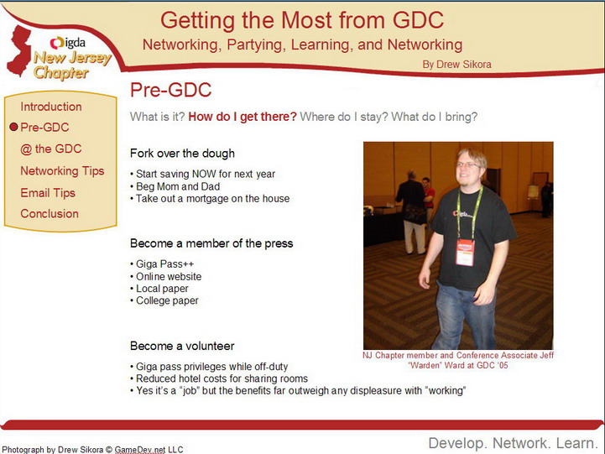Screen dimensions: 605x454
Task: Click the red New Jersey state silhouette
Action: (x=19, y=50)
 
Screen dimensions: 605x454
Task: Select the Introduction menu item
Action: (x=51, y=107)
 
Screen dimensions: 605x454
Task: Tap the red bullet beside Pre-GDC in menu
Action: (x=14, y=127)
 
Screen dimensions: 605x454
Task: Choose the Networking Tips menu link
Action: (x=62, y=171)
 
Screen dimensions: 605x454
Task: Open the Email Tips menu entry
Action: (x=48, y=193)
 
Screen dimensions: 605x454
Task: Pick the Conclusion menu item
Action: (x=50, y=214)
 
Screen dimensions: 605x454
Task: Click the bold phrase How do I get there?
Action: (x=243, y=117)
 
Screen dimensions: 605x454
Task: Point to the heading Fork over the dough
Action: (x=182, y=154)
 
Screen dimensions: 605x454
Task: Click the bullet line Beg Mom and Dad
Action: (x=175, y=186)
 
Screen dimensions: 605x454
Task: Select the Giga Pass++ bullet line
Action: (x=162, y=264)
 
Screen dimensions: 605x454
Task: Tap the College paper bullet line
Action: (x=164, y=300)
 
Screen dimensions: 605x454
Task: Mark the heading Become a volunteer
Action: (x=182, y=346)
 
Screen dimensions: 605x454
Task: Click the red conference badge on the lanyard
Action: (x=465, y=253)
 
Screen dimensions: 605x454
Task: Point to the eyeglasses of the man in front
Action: (x=469, y=165)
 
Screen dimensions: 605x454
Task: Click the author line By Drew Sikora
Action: (x=456, y=65)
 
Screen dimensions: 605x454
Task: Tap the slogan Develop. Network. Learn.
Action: (x=514, y=443)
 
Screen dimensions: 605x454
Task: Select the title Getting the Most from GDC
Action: (x=302, y=20)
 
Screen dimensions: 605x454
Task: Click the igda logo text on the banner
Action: (x=68, y=43)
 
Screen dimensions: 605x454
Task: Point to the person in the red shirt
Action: (x=427, y=196)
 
